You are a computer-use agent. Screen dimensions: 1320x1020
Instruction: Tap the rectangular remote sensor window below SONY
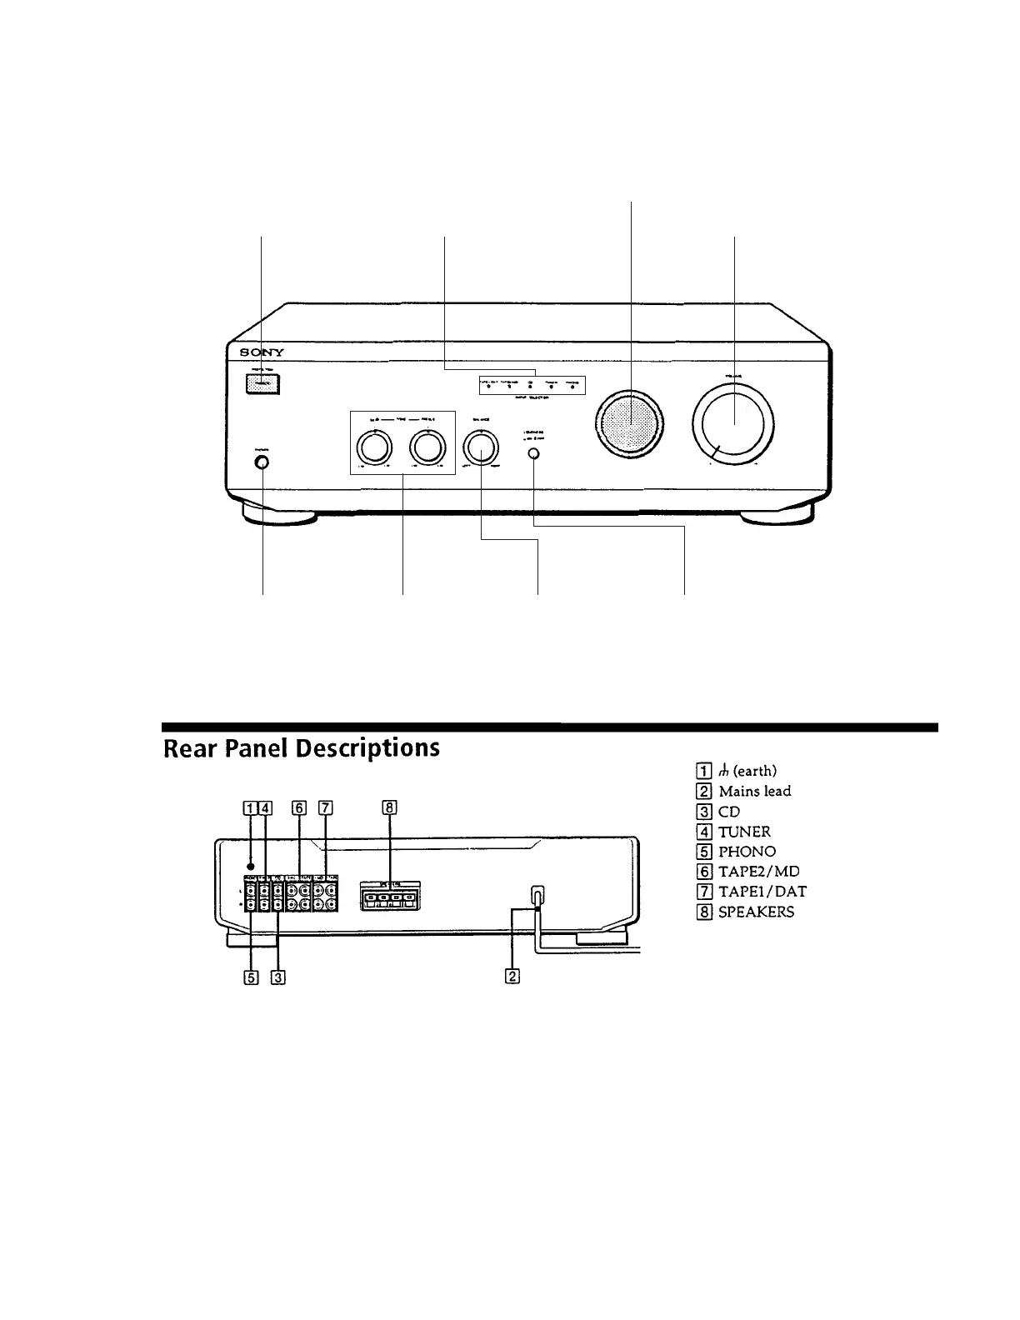point(262,384)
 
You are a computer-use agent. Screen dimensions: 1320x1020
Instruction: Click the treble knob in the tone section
point(427,448)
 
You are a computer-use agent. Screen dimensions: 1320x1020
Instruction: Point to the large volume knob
point(733,424)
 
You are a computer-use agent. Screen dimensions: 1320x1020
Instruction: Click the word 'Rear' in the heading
point(193,747)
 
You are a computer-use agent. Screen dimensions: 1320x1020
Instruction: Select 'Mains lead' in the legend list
point(754,791)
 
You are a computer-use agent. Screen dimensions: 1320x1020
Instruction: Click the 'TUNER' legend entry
point(744,831)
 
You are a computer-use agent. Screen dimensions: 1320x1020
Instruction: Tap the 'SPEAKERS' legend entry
point(756,911)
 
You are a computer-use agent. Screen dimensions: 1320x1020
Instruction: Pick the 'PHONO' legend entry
point(747,851)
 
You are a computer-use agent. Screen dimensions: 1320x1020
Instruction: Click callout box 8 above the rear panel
point(388,807)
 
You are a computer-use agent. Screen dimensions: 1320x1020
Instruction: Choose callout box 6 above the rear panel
point(299,807)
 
